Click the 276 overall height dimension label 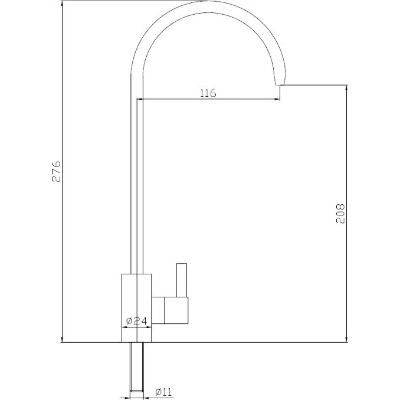point(57,171)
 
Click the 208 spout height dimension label point(340,214)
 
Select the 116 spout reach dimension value point(208,93)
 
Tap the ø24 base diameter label point(137,321)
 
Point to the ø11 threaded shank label point(163,392)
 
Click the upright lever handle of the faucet point(182,280)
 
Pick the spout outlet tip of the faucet point(280,84)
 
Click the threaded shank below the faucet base point(137,370)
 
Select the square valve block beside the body point(176,310)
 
